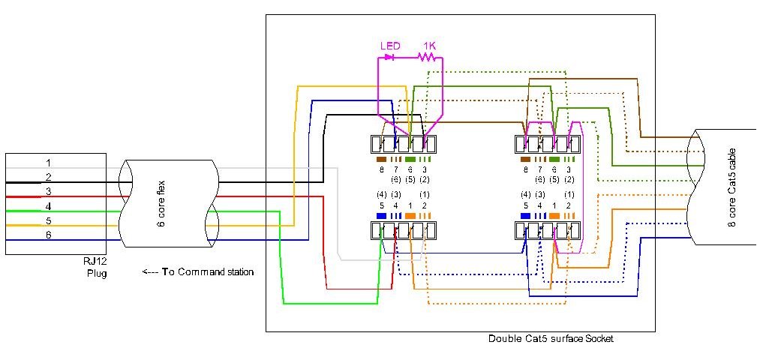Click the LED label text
click(390, 46)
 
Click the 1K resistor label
click(428, 46)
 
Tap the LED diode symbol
click(390, 57)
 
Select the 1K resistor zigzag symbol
click(428, 57)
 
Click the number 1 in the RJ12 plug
click(48, 163)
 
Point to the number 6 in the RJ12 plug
click(48, 235)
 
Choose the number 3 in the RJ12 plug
click(48, 192)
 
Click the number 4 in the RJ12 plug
click(48, 206)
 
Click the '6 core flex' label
click(161, 202)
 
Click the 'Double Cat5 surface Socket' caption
click(551, 339)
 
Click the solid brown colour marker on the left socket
click(380, 160)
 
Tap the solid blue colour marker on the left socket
click(380, 216)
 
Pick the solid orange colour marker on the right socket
click(554, 216)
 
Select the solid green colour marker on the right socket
click(554, 160)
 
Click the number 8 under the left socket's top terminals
click(380, 170)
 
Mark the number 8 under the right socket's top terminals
click(525, 170)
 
